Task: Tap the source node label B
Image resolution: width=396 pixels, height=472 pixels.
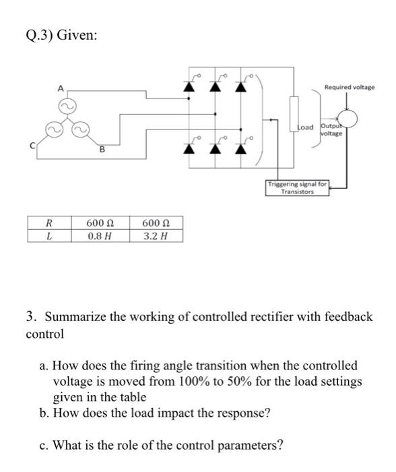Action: pyautogui.click(x=101, y=150)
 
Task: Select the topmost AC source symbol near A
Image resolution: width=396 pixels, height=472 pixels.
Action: pyautogui.click(x=68, y=105)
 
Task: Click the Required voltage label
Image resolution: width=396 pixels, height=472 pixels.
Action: pyautogui.click(x=350, y=87)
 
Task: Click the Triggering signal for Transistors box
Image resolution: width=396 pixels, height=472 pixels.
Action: pyautogui.click(x=297, y=187)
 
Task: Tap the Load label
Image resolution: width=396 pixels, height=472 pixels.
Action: pyautogui.click(x=306, y=127)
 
